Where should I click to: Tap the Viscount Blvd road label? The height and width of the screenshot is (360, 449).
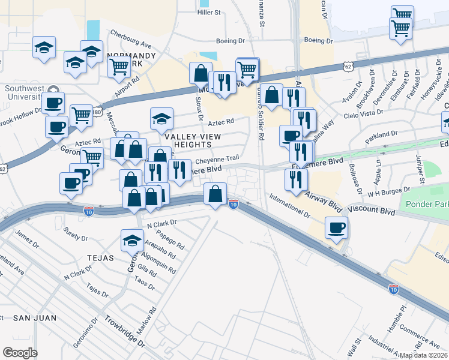point(372,212)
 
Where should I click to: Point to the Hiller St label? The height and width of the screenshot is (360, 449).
point(209,11)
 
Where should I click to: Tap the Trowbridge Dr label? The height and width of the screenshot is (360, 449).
point(125,331)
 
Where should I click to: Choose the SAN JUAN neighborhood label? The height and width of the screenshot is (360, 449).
point(35,317)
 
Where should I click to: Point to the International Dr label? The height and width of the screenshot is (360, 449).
point(289,205)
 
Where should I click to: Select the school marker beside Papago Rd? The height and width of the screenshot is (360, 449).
point(133,241)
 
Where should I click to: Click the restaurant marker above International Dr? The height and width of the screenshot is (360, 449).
point(296,179)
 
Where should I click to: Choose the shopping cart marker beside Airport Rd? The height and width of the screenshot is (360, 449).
point(119,67)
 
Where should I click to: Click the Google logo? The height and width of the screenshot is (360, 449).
point(20,353)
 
